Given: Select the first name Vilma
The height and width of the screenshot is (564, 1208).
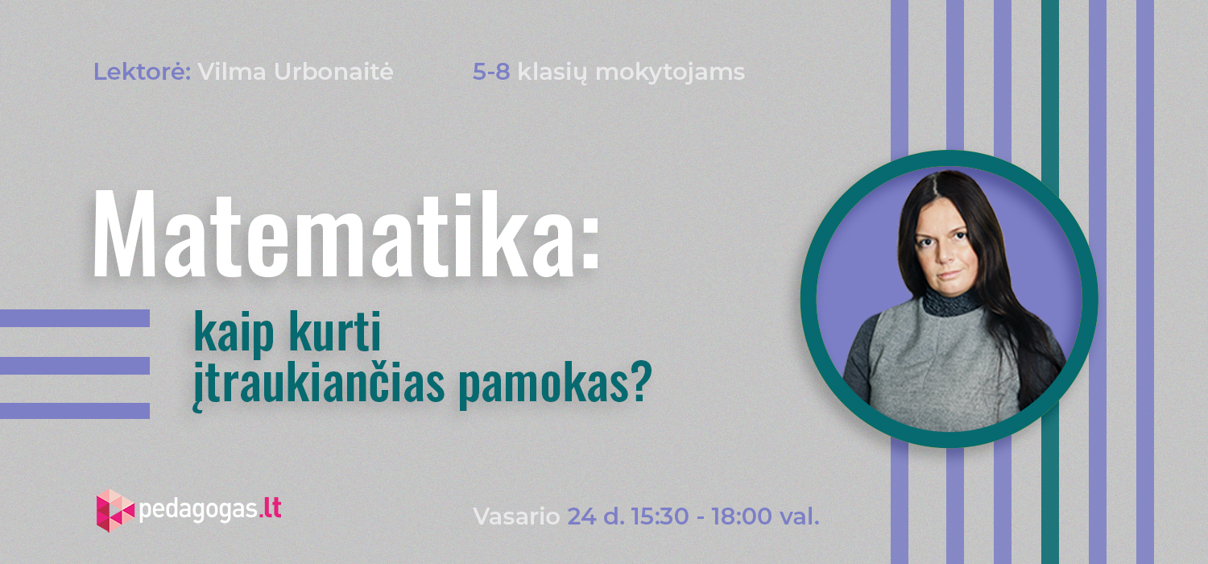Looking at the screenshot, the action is (231, 72).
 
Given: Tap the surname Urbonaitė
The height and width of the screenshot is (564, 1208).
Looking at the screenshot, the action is (333, 72).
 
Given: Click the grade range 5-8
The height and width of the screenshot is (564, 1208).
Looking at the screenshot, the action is (491, 72).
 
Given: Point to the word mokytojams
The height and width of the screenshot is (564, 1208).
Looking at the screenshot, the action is (670, 73).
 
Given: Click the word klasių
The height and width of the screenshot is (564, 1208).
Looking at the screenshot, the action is (552, 73).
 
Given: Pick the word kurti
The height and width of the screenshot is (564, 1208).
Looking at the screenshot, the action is (336, 330).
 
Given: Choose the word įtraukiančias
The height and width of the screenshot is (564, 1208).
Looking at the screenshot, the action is (319, 384).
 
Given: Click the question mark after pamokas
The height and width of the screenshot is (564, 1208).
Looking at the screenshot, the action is (641, 381).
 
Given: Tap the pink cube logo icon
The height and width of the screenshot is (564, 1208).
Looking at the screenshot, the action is (115, 511).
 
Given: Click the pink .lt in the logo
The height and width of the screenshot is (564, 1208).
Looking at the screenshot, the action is (270, 508).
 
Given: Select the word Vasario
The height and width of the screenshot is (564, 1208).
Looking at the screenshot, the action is (517, 516).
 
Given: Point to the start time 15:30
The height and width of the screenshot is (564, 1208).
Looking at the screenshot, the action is (660, 516).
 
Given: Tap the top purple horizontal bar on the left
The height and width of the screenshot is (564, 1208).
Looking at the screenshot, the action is (74, 318).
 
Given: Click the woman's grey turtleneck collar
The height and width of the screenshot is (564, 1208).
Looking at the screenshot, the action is (950, 303).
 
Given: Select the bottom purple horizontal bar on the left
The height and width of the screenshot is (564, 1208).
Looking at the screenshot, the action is (74, 411).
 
